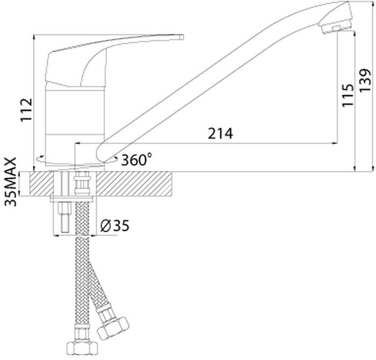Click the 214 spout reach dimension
(220, 134)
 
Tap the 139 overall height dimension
(365, 80)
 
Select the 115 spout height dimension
(348, 96)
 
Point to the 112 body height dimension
(26, 110)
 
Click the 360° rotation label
(136, 160)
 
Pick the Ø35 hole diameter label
(115, 226)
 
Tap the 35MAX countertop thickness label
(11, 182)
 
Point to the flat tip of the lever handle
(182, 37)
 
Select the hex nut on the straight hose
(82, 348)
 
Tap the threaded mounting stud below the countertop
(66, 217)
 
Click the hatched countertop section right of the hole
(134, 184)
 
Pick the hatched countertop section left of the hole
(41, 184)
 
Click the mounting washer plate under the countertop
(71, 199)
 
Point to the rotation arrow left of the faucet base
(40, 159)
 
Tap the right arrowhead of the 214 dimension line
(335, 143)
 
